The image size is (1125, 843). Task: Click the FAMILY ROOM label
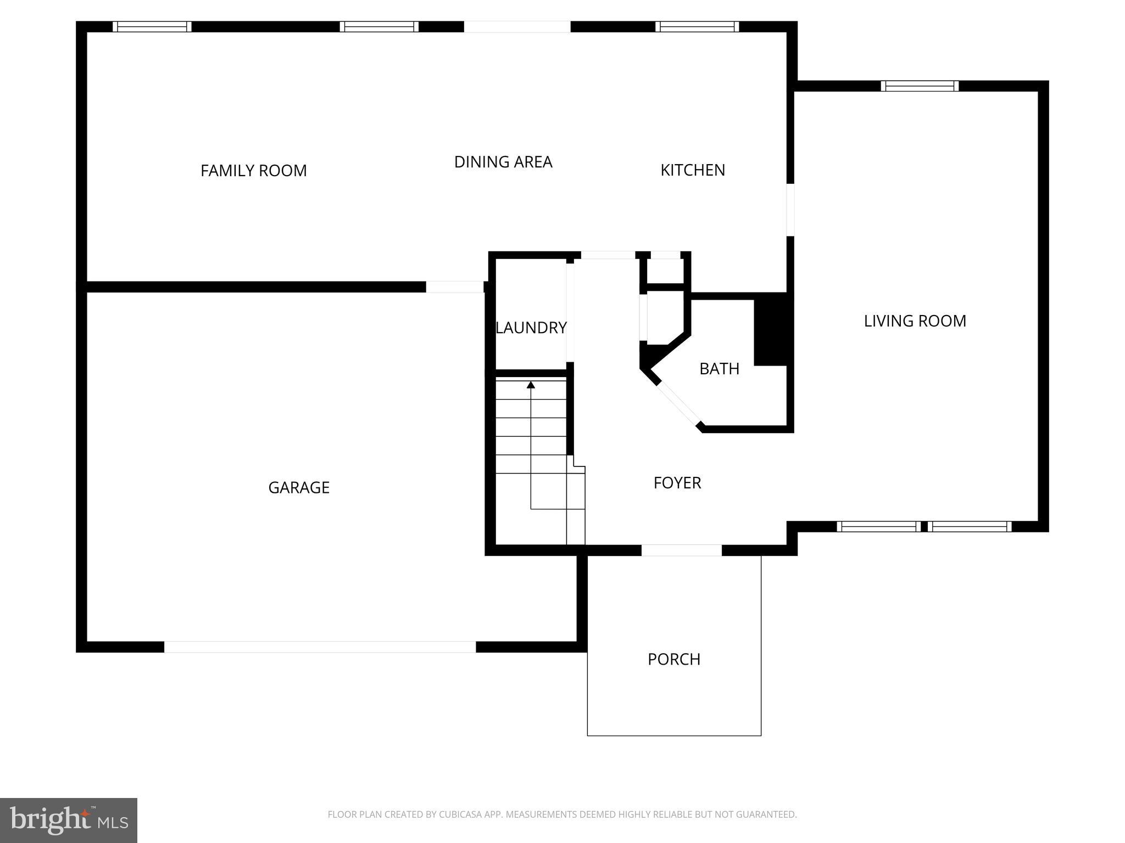click(x=253, y=171)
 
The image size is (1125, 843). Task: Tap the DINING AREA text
click(x=503, y=162)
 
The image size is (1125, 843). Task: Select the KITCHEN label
click(x=692, y=170)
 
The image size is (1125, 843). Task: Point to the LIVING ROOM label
click(x=915, y=321)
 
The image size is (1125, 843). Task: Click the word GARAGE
click(x=299, y=487)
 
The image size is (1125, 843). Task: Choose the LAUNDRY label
click(x=531, y=328)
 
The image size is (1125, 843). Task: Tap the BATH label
click(x=719, y=369)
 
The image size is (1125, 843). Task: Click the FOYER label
click(x=677, y=483)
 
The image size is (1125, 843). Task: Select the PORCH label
click(x=674, y=659)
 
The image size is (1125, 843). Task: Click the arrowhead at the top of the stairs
click(x=531, y=385)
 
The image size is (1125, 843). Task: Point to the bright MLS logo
click(x=68, y=820)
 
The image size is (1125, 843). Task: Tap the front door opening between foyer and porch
click(x=681, y=550)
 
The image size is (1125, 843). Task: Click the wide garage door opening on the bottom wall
click(x=320, y=647)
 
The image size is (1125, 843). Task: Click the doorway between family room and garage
click(x=454, y=287)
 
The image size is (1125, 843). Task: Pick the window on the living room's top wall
click(x=920, y=86)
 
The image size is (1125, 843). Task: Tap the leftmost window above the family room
click(x=152, y=27)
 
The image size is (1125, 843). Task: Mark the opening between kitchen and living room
click(x=790, y=210)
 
